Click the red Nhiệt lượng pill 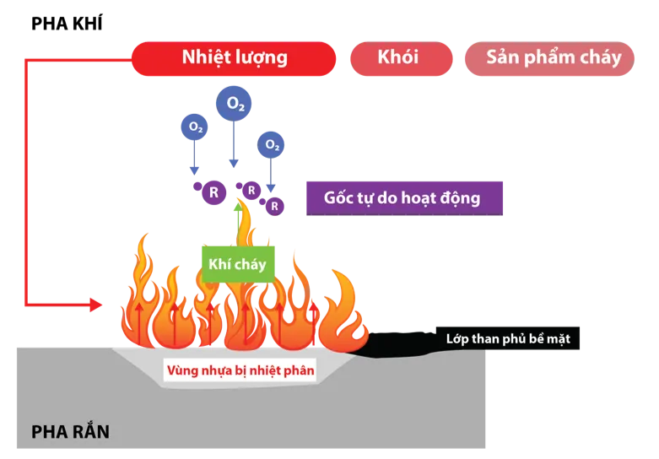point(234,57)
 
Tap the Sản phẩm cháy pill point(553,57)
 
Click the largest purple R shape point(213,192)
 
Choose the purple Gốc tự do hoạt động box point(403,198)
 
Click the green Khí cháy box point(237,264)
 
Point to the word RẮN point(90,433)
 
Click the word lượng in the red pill point(260,57)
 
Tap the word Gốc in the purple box point(340,198)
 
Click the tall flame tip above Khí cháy point(245,211)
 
